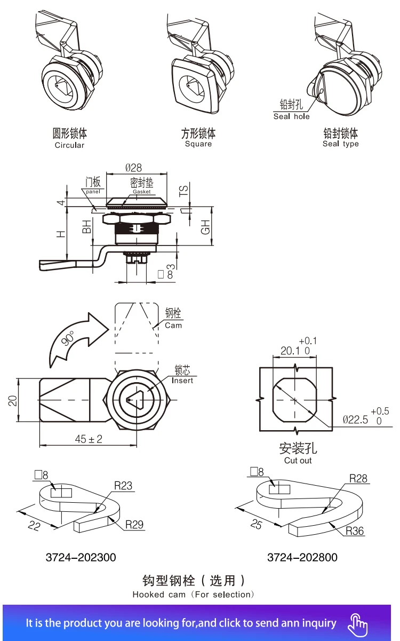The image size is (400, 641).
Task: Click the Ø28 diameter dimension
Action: click(134, 168)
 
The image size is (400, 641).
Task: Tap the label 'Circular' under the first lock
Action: click(69, 145)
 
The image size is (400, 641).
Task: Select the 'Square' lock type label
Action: click(198, 144)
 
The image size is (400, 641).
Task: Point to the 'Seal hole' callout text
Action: click(291, 116)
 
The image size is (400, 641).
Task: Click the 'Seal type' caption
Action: click(340, 144)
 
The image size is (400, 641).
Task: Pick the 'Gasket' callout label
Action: click(142, 192)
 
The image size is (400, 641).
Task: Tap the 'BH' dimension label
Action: click(87, 226)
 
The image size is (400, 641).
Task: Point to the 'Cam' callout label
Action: click(173, 325)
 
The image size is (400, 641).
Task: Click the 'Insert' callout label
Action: click(182, 381)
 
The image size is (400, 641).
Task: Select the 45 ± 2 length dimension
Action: click(89, 439)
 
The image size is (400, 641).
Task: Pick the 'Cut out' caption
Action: click(298, 461)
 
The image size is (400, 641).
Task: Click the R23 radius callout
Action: click(123, 486)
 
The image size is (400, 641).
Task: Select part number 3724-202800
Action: click(302, 557)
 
